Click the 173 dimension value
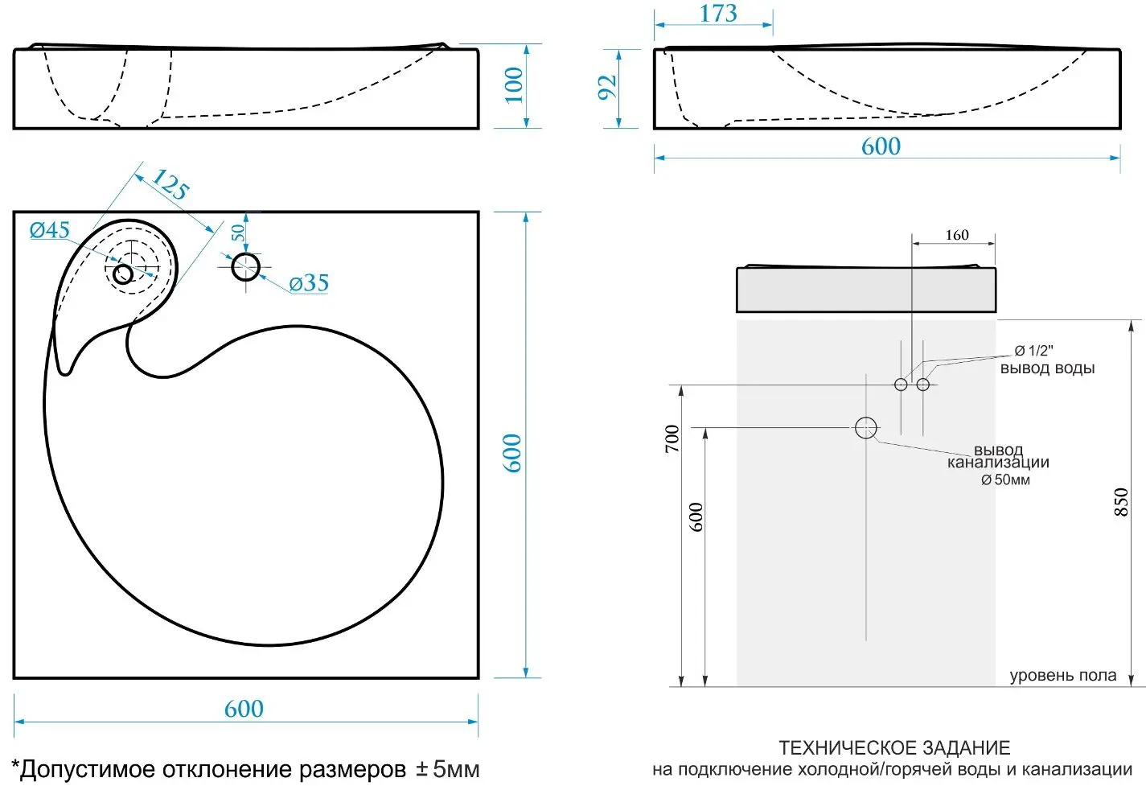[x=718, y=14]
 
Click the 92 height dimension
[x=607, y=87]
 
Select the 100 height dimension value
[x=514, y=85]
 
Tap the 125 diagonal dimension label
[x=170, y=184]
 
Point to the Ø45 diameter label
[x=50, y=230]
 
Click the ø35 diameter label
[x=309, y=283]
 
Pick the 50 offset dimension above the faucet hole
[x=237, y=233]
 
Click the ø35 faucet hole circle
[x=245, y=267]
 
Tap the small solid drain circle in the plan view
[x=123, y=274]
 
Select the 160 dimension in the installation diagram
[x=957, y=235]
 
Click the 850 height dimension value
[x=1120, y=502]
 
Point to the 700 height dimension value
[x=672, y=438]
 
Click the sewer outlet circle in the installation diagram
[x=865, y=428]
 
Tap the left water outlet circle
[x=901, y=385]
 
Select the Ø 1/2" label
[x=1033, y=351]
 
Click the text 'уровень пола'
[x=1062, y=676]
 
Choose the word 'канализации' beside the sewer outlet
[x=998, y=463]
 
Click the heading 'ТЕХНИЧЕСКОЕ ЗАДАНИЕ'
[x=894, y=748]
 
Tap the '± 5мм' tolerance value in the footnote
[x=447, y=768]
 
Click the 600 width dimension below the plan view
[x=244, y=709]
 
